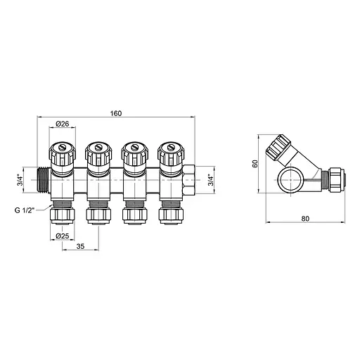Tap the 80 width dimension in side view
[x=304, y=218]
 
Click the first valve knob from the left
[x=61, y=152]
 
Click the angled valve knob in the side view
[x=279, y=148]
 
